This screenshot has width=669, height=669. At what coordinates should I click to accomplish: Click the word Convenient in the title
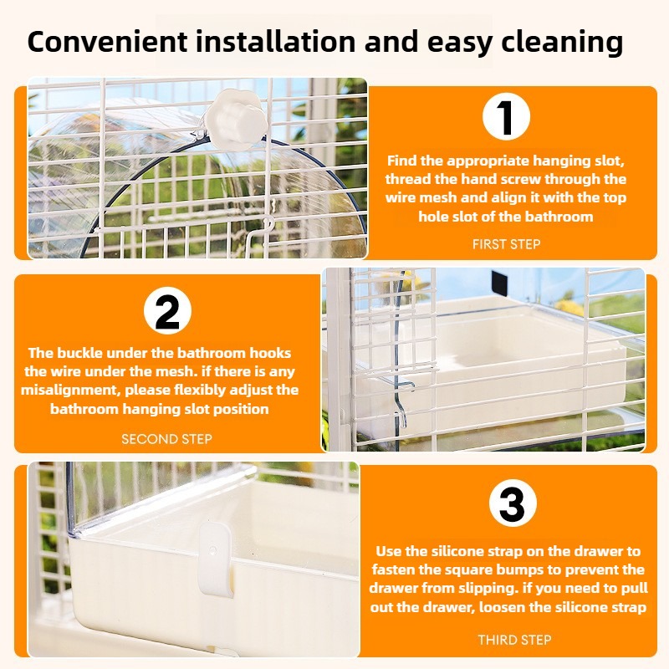coord(107,41)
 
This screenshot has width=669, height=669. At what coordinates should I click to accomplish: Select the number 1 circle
coord(506,116)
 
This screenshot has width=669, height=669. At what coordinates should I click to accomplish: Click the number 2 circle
coord(167,310)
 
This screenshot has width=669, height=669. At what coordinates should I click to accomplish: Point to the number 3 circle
coord(512,503)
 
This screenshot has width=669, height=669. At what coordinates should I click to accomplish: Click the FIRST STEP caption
coord(507,244)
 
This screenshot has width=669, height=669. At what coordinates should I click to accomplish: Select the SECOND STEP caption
coord(166,439)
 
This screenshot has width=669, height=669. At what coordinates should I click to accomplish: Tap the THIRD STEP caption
coord(514,640)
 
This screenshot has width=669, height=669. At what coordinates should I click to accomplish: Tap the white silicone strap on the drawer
coord(217,559)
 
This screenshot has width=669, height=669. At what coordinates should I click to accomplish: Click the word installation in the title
coord(276,41)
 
